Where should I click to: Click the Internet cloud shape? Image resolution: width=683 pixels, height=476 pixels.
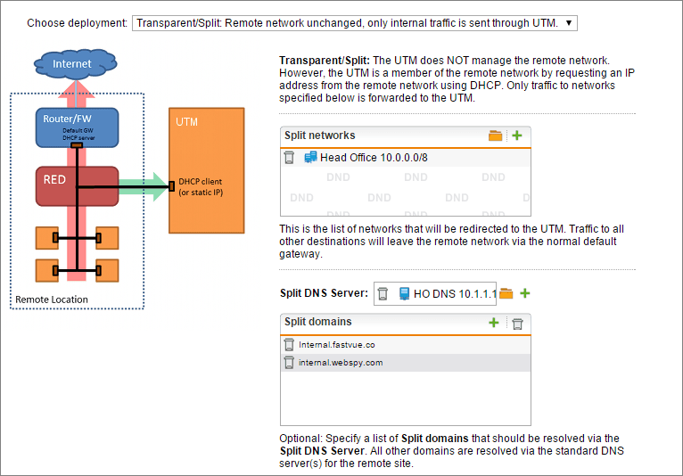click(x=76, y=63)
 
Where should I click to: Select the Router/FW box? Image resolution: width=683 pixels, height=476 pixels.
click(x=77, y=127)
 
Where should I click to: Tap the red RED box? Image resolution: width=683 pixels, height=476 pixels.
click(x=77, y=186)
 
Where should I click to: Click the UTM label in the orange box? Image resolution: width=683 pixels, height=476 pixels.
click(x=186, y=122)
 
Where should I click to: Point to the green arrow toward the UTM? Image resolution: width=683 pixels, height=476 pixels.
click(x=143, y=187)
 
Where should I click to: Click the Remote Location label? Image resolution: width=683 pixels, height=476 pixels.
click(x=52, y=300)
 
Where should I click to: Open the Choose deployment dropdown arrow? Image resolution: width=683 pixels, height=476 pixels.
click(x=569, y=23)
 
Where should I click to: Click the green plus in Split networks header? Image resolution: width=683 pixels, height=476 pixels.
click(x=517, y=135)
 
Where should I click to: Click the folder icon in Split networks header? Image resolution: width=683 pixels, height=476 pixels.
click(x=495, y=135)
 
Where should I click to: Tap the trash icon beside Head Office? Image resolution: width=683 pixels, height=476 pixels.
click(x=289, y=157)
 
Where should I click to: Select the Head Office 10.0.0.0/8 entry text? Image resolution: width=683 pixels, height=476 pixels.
click(x=374, y=158)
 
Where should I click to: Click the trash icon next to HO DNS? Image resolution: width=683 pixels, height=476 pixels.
click(x=383, y=294)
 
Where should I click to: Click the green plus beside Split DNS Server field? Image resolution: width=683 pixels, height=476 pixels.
click(x=525, y=293)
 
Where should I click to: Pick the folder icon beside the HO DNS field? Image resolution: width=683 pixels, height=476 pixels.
click(x=506, y=293)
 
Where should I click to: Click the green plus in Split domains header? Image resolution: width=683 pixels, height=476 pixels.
click(x=493, y=323)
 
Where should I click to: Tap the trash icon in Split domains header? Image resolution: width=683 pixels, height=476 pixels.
click(x=517, y=324)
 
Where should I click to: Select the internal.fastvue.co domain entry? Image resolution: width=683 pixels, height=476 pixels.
click(x=337, y=345)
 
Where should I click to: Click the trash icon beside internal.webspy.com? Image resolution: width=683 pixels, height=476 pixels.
click(x=289, y=362)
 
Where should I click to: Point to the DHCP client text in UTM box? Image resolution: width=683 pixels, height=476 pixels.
click(x=201, y=182)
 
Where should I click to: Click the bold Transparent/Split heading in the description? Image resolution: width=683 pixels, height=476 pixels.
click(x=325, y=60)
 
